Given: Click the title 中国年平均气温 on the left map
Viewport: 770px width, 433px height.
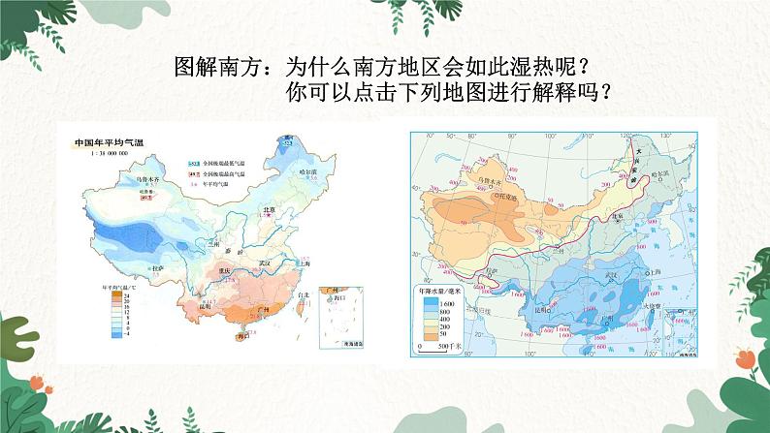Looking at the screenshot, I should click(107, 142).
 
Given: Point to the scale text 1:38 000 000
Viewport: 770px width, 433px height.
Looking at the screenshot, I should click(98, 152).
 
